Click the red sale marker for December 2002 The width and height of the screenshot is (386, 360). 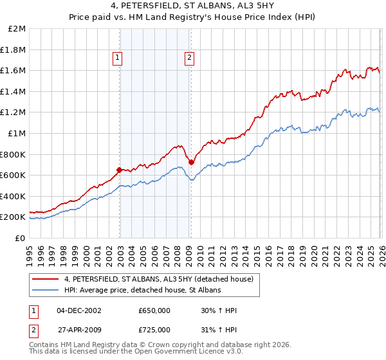[120, 170]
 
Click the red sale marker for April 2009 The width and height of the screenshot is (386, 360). [191, 162]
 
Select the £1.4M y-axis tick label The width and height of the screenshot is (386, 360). [14, 91]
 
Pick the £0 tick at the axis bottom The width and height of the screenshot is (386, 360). [21, 238]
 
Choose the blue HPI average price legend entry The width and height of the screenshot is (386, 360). [142, 291]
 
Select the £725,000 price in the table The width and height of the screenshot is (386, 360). [154, 330]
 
